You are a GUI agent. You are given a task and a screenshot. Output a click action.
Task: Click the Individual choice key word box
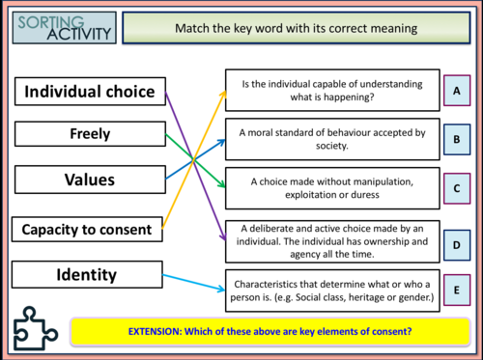click(89, 92)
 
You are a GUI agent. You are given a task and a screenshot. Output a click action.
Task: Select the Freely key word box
click(89, 135)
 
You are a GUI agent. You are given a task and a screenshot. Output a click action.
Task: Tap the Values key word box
click(89, 180)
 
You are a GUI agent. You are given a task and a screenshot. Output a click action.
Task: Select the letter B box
click(456, 140)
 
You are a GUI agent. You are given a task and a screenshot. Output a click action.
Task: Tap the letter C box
click(456, 188)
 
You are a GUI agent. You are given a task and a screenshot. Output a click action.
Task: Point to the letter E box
click(456, 288)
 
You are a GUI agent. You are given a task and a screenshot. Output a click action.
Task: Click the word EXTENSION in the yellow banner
click(157, 331)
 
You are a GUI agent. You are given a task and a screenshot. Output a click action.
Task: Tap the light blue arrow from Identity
click(193, 281)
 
